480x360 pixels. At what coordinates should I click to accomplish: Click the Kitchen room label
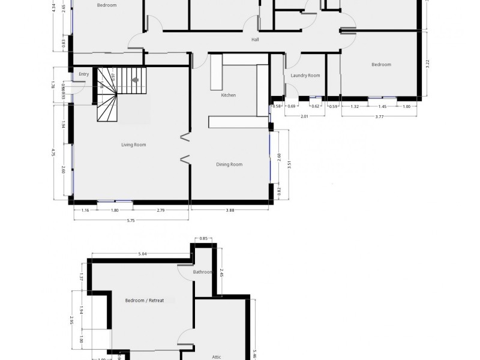coord(228,95)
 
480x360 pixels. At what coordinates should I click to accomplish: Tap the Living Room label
coord(133,145)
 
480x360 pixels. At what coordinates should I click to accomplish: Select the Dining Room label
coord(229,164)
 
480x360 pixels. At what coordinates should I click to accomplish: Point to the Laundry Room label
coord(305,76)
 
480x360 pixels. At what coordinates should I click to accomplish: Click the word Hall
coord(255,40)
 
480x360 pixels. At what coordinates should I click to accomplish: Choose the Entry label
coord(83,74)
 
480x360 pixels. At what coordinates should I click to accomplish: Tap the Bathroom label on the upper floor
coord(202,272)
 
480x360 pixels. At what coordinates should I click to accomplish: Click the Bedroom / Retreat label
coord(149,301)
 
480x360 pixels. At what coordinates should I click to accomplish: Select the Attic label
coord(217,357)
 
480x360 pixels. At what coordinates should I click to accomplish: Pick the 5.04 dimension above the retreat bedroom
coord(142,254)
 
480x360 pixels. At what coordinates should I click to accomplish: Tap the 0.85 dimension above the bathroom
coord(203,239)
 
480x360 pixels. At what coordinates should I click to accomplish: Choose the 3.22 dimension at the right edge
coord(427,64)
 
